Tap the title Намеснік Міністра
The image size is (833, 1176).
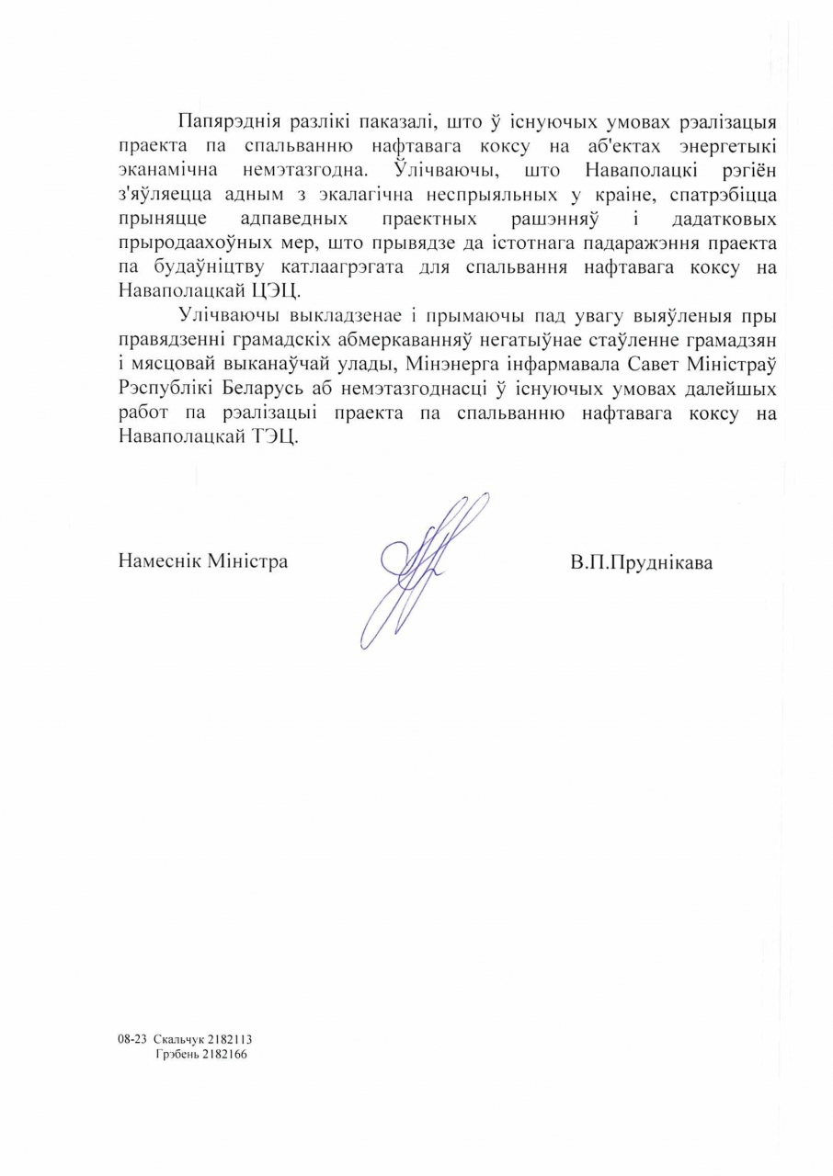pyautogui.click(x=202, y=560)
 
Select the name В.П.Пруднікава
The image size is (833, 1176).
pyautogui.click(x=641, y=562)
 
